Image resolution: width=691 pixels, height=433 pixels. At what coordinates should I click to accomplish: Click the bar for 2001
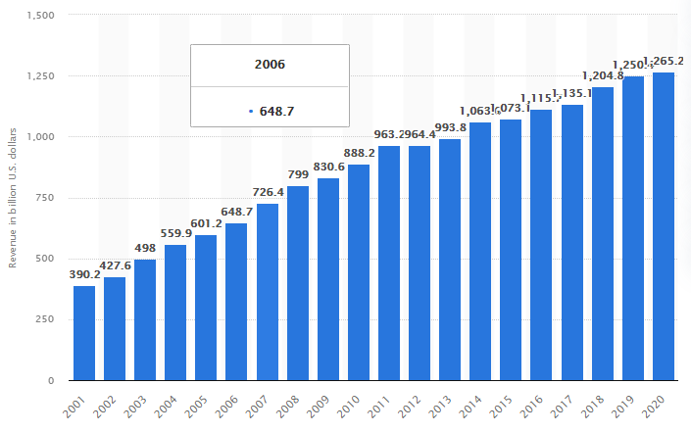coord(84,333)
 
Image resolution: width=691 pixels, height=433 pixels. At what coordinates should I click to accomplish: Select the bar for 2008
coord(298,283)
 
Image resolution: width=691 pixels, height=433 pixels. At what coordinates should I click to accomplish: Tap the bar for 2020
coord(664,226)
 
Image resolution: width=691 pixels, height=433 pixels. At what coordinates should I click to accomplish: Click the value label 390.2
coord(84,276)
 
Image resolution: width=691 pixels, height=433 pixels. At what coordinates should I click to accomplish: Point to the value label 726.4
coord(268,194)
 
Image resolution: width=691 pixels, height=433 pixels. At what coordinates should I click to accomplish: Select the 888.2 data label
coord(359,155)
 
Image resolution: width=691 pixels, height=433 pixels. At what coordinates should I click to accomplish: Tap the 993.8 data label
coord(450,129)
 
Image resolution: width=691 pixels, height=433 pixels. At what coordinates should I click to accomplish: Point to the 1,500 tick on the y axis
coord(37,16)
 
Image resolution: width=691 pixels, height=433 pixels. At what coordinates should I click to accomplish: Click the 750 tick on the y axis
coord(43,198)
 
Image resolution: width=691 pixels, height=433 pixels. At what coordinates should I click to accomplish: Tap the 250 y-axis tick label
coord(43,319)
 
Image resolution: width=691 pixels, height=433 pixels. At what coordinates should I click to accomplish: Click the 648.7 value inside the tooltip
coord(275,111)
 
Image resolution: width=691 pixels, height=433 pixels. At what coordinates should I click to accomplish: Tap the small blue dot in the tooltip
coord(251,111)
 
